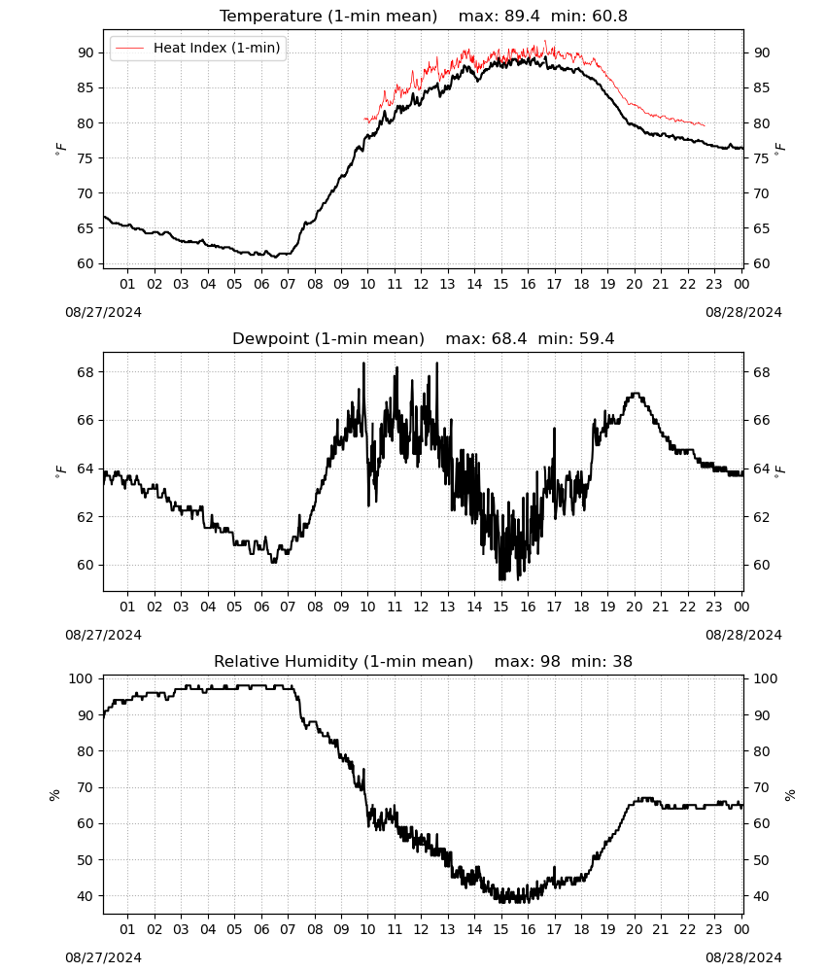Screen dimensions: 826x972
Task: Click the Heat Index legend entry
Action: click(198, 48)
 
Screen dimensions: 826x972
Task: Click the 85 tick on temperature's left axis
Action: click(86, 88)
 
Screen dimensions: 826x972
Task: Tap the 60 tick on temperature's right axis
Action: click(762, 263)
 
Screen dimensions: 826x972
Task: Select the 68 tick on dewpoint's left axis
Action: click(86, 372)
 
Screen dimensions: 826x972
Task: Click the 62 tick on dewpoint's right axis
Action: click(762, 517)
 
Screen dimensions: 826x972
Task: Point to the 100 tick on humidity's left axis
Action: click(82, 678)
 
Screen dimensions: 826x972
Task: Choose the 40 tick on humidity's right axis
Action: click(762, 896)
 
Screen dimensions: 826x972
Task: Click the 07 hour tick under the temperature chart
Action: click(288, 284)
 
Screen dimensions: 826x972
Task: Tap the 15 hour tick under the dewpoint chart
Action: click(500, 607)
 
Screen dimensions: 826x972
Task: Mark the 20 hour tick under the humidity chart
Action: click(634, 929)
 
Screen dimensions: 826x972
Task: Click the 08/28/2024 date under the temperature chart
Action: click(743, 312)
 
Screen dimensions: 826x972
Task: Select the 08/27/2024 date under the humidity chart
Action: click(103, 957)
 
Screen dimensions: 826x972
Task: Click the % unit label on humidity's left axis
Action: click(54, 795)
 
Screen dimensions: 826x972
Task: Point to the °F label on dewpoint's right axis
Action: click(780, 469)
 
